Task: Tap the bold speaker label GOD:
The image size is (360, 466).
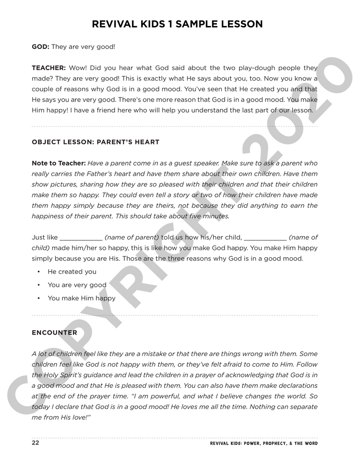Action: [40, 47]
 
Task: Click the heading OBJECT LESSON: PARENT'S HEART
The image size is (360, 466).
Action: [96, 142]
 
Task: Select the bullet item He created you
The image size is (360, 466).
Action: [72, 272]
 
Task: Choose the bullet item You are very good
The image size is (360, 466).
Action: [77, 285]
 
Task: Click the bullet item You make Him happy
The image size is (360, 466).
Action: [82, 298]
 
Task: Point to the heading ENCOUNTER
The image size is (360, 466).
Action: [54, 332]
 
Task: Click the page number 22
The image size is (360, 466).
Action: [36, 443]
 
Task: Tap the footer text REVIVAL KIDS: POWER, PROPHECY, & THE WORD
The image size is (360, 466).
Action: [264, 443]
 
